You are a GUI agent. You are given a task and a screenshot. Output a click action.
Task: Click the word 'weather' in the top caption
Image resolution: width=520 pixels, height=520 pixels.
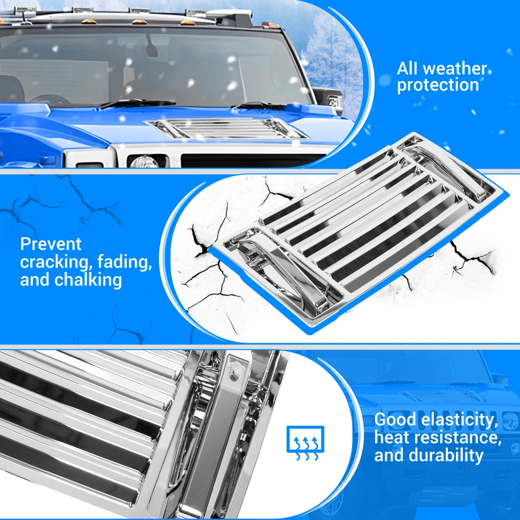(454, 69)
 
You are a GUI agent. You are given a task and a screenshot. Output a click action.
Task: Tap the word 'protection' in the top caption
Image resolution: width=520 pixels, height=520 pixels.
(438, 85)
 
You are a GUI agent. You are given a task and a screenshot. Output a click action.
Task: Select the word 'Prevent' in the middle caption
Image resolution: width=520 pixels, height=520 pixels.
(51, 244)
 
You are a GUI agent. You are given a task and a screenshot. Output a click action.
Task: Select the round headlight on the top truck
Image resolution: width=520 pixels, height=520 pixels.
(142, 161)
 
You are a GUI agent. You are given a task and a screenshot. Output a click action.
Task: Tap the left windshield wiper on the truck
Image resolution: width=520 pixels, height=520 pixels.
(138, 103)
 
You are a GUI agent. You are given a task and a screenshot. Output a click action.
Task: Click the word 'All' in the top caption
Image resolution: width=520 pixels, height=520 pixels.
(408, 69)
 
